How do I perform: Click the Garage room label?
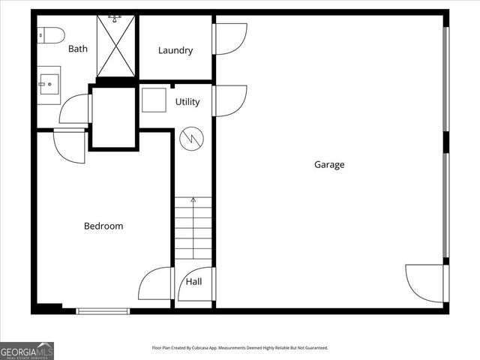click(329, 165)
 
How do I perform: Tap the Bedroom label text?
click(103, 226)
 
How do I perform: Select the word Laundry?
click(175, 50)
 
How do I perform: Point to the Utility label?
click(187, 102)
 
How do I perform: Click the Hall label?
click(193, 282)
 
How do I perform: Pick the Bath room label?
click(78, 49)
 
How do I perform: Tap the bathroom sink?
click(49, 85)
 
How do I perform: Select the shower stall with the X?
click(115, 46)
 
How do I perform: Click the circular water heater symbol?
click(191, 138)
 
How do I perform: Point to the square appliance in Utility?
click(154, 100)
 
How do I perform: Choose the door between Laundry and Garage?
click(229, 39)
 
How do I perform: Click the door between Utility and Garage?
click(229, 100)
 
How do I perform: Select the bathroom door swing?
click(76, 109)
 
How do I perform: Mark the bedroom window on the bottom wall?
click(103, 310)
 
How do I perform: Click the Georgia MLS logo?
click(27, 350)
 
